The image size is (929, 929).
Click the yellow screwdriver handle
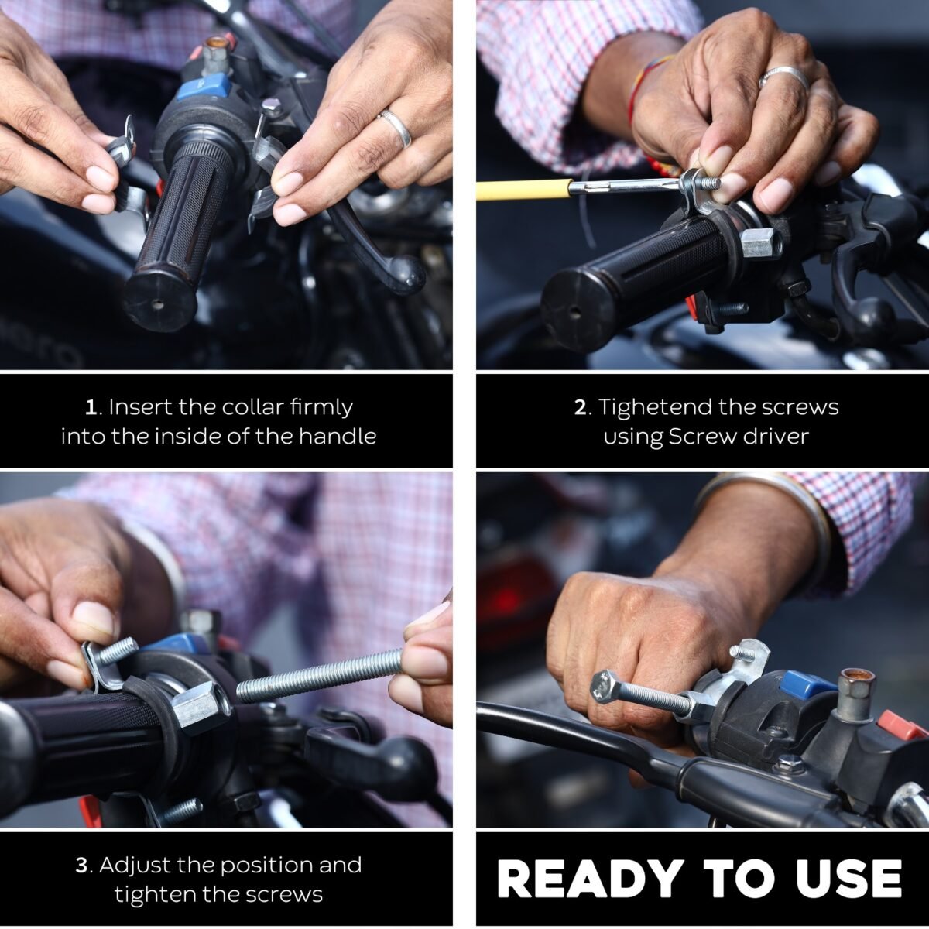(524, 190)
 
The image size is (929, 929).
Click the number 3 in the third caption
(82, 866)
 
